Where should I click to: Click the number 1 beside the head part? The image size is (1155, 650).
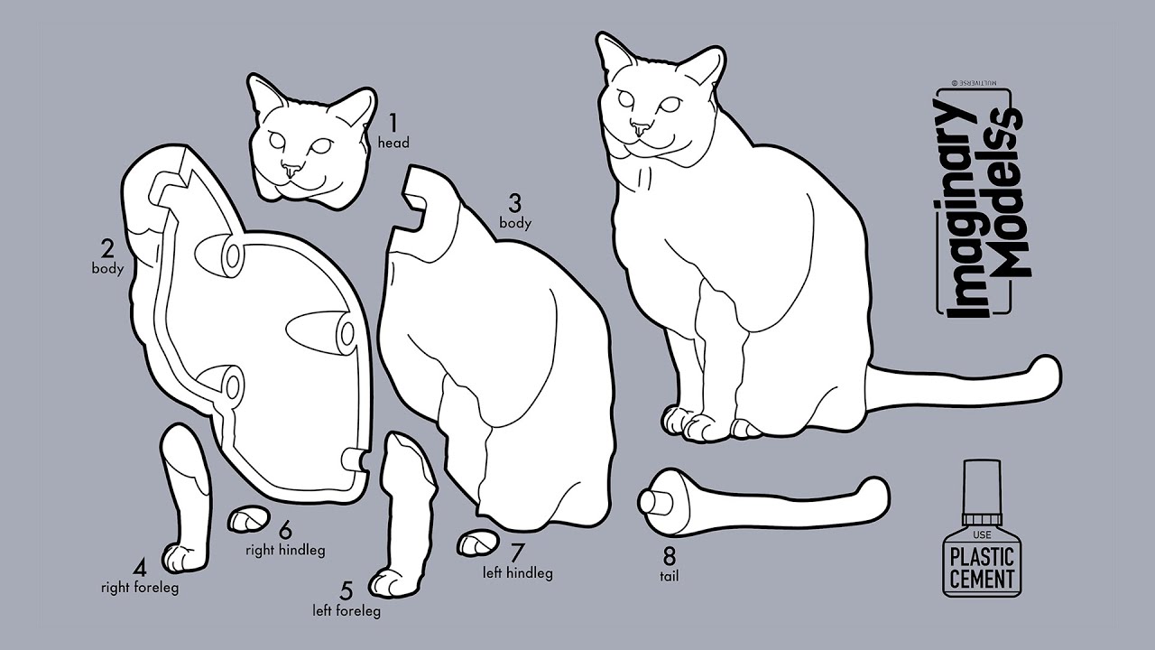pos(393,122)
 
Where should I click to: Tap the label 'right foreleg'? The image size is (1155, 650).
pos(139,588)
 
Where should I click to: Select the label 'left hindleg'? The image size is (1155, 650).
pos(518,572)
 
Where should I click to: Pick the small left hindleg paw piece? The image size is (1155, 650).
pos(476,542)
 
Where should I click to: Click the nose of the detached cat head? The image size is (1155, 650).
pos(291,169)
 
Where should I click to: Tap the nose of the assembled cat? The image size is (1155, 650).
pos(640,126)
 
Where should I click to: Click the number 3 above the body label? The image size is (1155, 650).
pos(515,202)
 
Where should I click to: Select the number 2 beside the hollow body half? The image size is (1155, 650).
pos(106,248)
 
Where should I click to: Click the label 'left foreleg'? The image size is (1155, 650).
pos(346,611)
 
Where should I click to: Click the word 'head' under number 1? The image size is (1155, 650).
pos(393,143)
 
